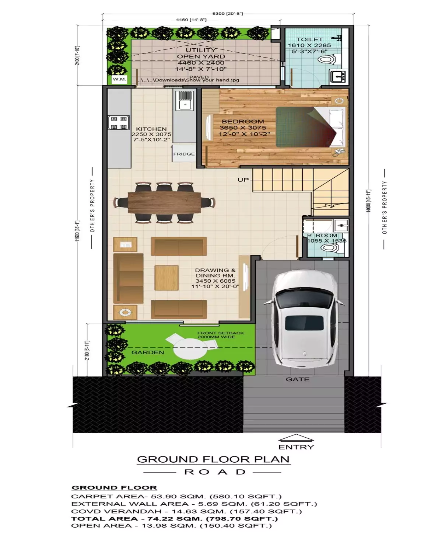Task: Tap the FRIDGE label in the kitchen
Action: pyautogui.click(x=184, y=154)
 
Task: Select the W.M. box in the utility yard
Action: pyautogui.click(x=119, y=79)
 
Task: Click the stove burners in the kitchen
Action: pyautogui.click(x=119, y=123)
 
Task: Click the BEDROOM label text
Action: pyautogui.click(x=243, y=122)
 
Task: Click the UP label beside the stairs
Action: pyautogui.click(x=243, y=180)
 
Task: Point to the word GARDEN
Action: pyautogui.click(x=148, y=352)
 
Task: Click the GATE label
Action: pyautogui.click(x=298, y=379)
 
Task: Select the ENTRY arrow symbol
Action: pyautogui.click(x=296, y=438)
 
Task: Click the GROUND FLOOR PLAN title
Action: pyautogui.click(x=213, y=459)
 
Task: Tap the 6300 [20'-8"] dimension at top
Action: pyautogui.click(x=228, y=14)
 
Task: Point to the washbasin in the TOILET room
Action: pyautogui.click(x=338, y=77)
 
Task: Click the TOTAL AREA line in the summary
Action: pyautogui.click(x=174, y=518)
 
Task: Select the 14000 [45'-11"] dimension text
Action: pyautogui.click(x=368, y=201)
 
